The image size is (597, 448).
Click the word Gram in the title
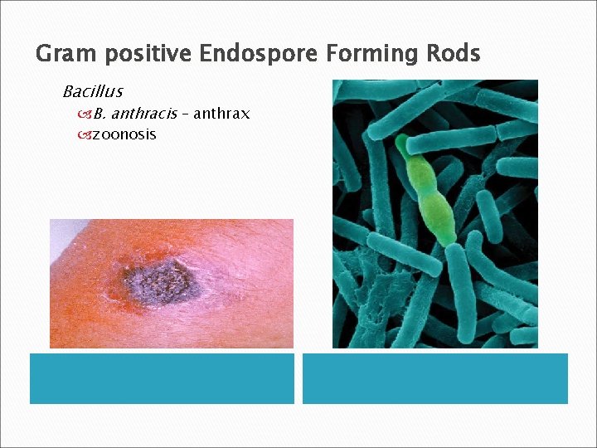coord(63,55)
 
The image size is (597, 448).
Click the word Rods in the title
coord(452,55)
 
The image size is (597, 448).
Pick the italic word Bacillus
coord(92,91)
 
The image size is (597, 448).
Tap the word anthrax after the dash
coord(222,114)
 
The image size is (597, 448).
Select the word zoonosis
coord(124,134)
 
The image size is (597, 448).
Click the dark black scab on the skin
coord(165,280)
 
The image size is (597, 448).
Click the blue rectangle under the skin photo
coord(162,379)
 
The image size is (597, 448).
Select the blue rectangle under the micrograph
coord(434,379)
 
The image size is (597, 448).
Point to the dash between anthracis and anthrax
coord(187,114)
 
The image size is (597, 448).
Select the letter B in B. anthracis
coord(98,114)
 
